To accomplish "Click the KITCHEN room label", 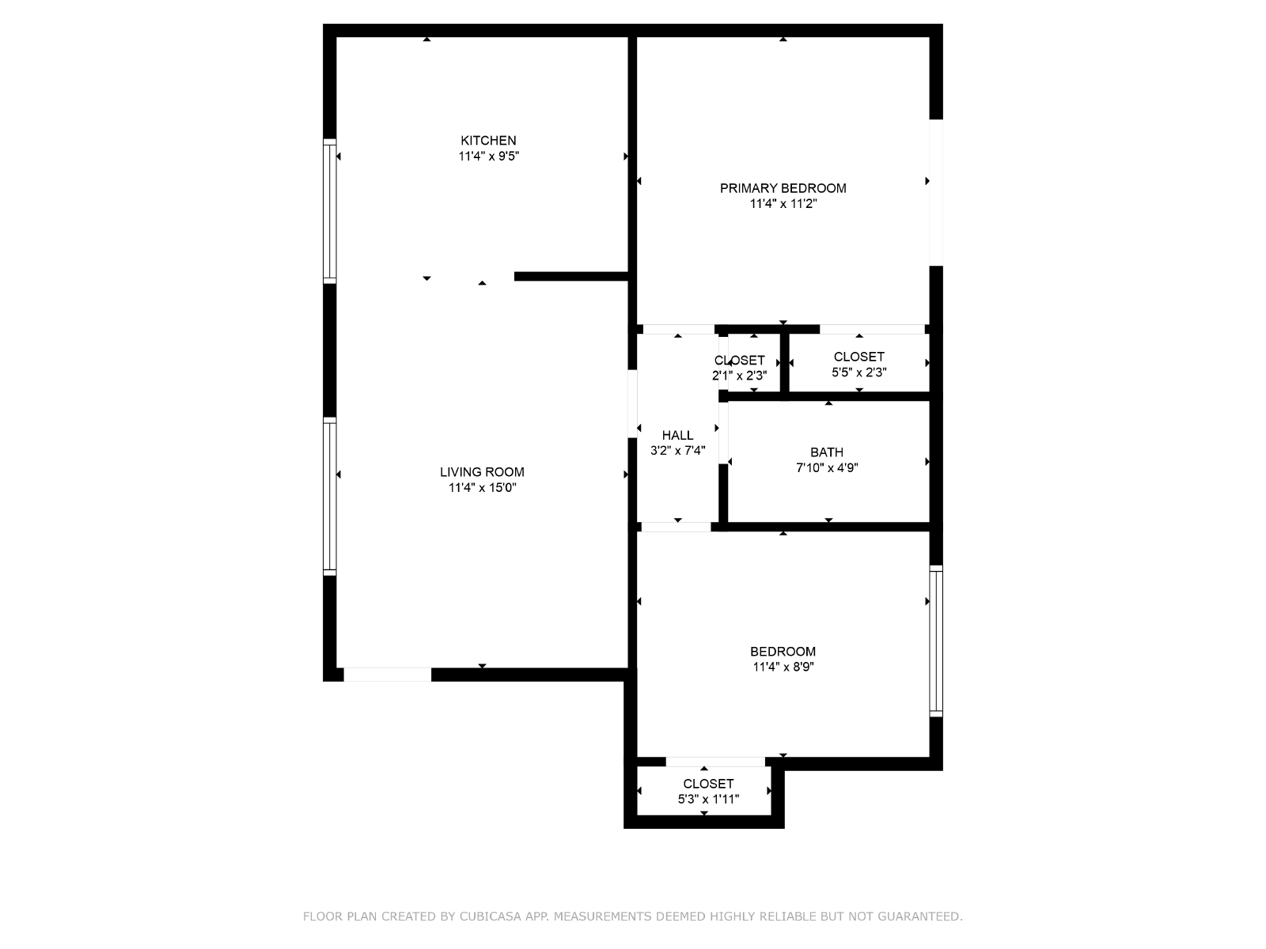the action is [488, 141].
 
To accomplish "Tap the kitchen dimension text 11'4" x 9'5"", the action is [488, 156].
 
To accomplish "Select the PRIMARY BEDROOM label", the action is [783, 188].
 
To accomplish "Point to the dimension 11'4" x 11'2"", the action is [783, 204].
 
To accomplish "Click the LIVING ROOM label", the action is [482, 472].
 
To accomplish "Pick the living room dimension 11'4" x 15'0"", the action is [482, 488].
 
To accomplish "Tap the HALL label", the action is [677, 436].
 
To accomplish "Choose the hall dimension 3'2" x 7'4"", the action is [677, 451].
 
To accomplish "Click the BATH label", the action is [827, 453].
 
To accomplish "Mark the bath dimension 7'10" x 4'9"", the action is [827, 468].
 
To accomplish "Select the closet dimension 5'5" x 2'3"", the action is [859, 372].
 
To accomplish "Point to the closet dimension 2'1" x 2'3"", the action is [739, 376].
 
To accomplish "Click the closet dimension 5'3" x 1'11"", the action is [708, 800].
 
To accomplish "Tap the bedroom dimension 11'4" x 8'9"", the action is [783, 667].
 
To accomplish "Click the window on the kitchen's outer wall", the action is [329, 211].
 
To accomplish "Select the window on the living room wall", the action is [329, 496].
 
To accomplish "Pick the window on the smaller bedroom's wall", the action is [935, 641].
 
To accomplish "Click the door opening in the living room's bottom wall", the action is [387, 675].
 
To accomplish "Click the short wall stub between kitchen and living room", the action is [571, 277].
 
